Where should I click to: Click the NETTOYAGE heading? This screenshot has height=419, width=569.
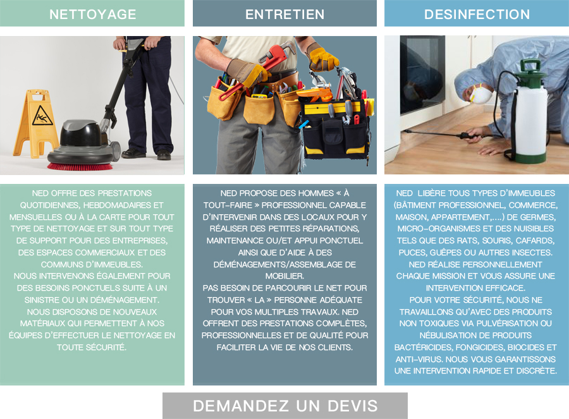pos(92,14)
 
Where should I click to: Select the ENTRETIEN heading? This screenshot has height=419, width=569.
pos(285,14)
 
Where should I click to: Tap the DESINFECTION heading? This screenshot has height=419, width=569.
pos(477,14)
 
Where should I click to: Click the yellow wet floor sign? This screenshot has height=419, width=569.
pos(35,123)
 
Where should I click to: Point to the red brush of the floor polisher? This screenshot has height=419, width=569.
pos(80,166)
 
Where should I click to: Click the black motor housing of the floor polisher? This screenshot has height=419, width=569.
pos(80,133)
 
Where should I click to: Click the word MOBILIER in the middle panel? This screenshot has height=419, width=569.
pos(284,276)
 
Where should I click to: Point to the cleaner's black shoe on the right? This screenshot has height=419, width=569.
pos(164,155)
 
